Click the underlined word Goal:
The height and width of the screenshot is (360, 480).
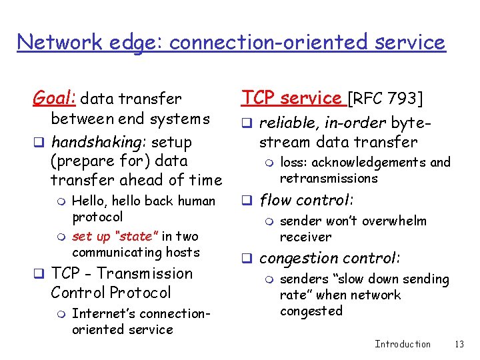tap(55, 99)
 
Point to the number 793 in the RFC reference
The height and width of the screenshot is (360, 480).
tap(401, 99)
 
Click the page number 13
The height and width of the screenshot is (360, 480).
tap(458, 344)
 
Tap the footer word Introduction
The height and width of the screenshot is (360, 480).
tap(403, 344)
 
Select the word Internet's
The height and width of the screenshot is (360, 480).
tap(103, 313)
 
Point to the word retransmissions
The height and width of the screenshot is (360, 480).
tap(329, 178)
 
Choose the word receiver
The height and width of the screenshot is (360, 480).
tap(305, 237)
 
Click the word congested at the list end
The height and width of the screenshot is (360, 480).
tap(311, 311)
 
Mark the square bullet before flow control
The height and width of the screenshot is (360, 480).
tap(245, 201)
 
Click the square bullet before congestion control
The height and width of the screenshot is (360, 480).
tap(245, 259)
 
